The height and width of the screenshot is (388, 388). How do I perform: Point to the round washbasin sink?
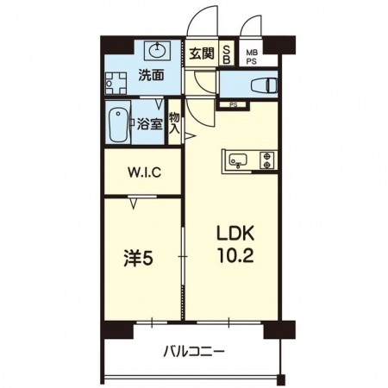click(x=159, y=48)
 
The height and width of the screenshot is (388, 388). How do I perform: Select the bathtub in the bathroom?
click(x=119, y=123)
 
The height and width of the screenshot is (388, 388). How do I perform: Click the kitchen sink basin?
click(x=238, y=160)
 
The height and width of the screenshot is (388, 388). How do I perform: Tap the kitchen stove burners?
click(x=266, y=160)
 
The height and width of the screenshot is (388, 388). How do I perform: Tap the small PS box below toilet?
click(x=232, y=104)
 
